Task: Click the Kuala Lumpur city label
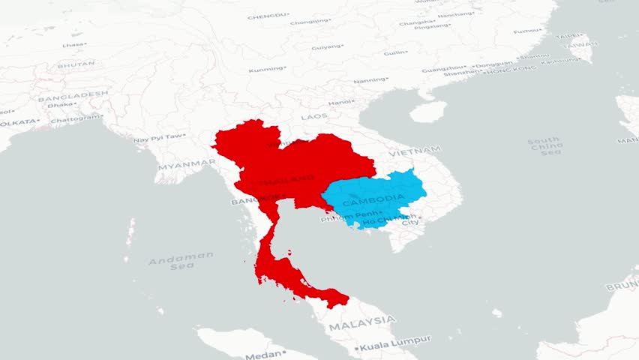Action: pos(395,343)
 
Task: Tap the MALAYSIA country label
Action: pos(361,322)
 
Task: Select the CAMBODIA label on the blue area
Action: pos(373,201)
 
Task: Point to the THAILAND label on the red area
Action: pos(286,180)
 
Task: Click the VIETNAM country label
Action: pos(415,151)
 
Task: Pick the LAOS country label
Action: pos(314,117)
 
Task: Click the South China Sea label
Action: pos(544,146)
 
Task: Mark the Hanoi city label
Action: pos(341,102)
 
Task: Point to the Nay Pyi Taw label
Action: pos(158,138)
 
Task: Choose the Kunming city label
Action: pos(267,70)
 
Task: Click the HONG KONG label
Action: pos(511,69)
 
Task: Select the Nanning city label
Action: pos(370,80)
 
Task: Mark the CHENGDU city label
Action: pos(268,16)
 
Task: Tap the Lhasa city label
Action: pos(73,45)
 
